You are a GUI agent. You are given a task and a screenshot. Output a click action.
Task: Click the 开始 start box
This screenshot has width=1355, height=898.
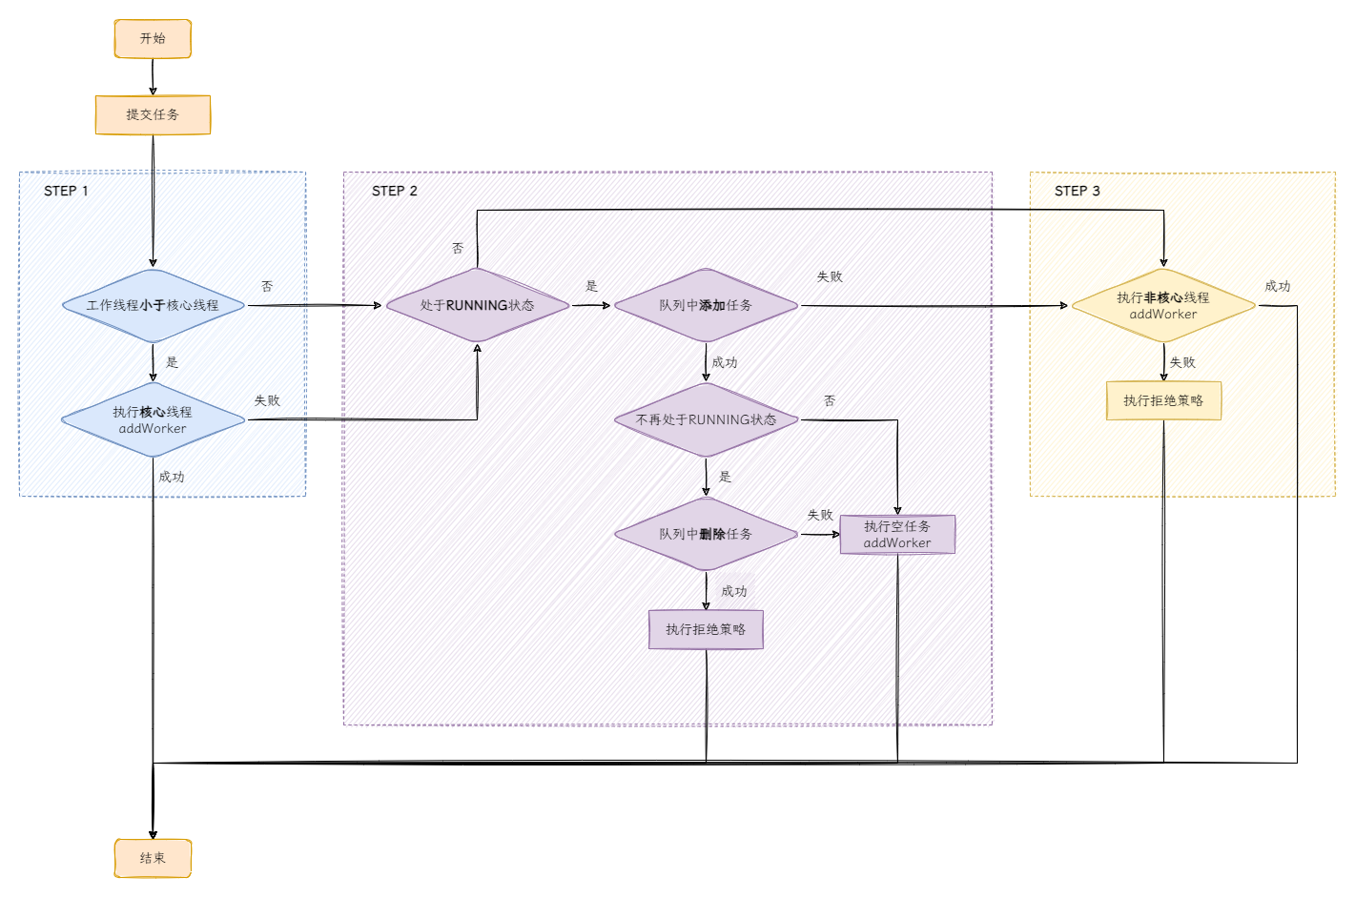click(153, 39)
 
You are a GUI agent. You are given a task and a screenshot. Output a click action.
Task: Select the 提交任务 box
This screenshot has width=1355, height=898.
click(153, 115)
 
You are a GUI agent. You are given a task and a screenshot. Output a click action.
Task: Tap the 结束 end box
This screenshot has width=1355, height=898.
click(153, 858)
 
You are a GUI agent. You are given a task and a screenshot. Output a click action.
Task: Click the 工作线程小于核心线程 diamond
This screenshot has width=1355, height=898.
click(153, 305)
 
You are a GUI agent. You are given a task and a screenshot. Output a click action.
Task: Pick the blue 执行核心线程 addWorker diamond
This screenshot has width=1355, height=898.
click(153, 419)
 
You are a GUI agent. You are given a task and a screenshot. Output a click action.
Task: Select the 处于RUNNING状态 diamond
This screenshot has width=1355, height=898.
click(478, 305)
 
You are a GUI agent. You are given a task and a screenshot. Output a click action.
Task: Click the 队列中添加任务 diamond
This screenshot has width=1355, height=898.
click(706, 305)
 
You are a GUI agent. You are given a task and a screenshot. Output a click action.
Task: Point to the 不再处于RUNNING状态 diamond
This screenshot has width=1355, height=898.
click(706, 419)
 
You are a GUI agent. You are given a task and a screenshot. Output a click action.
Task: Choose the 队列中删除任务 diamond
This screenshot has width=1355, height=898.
click(706, 534)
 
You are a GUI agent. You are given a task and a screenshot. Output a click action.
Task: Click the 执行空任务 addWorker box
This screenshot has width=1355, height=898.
click(897, 535)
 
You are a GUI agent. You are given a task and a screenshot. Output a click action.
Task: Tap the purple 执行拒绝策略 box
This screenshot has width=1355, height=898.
click(706, 629)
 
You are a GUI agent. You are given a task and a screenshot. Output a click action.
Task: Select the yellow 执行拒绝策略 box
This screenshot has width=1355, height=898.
click(1164, 400)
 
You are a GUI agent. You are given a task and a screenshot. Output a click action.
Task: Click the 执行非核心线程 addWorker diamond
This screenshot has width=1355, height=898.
click(1164, 305)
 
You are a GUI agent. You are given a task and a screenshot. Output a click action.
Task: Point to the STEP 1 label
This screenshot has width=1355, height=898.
click(66, 191)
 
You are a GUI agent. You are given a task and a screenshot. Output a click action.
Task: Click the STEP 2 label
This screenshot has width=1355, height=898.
click(395, 191)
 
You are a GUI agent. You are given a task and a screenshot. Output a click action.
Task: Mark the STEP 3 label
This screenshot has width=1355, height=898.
click(1078, 191)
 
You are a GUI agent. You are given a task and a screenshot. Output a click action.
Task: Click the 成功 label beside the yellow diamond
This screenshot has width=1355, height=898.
click(1278, 286)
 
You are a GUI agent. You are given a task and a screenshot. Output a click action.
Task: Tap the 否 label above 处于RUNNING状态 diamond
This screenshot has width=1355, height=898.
click(458, 248)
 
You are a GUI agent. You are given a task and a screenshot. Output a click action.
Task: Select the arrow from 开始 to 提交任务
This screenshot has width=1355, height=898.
click(153, 77)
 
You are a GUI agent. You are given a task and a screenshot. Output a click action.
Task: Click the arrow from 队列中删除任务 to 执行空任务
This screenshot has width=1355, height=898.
click(820, 534)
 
